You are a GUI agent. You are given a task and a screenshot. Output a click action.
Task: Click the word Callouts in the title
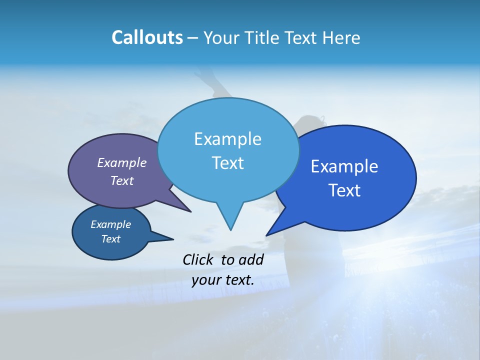[x=147, y=37]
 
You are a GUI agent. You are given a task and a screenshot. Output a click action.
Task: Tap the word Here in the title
[x=342, y=37]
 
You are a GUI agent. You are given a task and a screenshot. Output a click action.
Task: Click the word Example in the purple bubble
[x=122, y=162]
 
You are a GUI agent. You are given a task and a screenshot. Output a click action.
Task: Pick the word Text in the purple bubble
[x=122, y=180]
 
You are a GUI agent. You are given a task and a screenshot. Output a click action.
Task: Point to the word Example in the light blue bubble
[x=227, y=139]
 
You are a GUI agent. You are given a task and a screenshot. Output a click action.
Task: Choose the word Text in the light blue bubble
[x=227, y=163]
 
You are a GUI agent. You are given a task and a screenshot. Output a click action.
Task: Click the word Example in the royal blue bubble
[x=344, y=166]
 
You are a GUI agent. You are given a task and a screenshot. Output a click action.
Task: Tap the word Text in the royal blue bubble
[x=344, y=190]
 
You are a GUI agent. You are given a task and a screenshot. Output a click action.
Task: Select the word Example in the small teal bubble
[x=110, y=224]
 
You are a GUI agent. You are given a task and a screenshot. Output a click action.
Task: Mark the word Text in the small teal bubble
[x=110, y=239]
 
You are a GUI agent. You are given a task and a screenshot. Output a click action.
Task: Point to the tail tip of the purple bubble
[x=190, y=211]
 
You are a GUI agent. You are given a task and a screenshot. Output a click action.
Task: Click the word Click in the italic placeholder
[x=198, y=259]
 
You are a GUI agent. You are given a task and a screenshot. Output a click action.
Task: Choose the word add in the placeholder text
[x=251, y=259]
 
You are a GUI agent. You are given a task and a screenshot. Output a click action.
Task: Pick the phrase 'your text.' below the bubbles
[x=223, y=280]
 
